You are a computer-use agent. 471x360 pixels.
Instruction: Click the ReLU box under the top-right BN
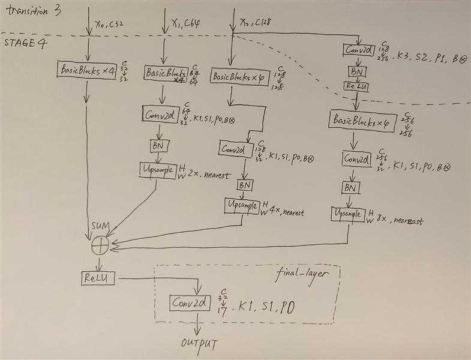pyautogui.click(x=356, y=86)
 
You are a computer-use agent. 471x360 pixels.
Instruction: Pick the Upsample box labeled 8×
pyautogui.click(x=348, y=214)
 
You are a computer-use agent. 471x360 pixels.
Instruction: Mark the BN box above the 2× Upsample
pyautogui.click(x=160, y=146)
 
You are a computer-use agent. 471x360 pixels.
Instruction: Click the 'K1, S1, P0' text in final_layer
pyautogui.click(x=268, y=307)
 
